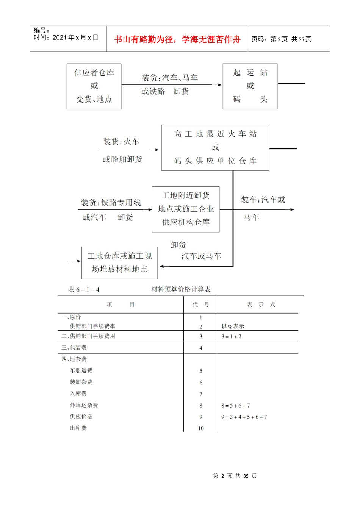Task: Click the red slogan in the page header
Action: click(x=177, y=39)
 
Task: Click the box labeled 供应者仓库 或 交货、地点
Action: click(x=94, y=86)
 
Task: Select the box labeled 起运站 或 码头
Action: click(x=250, y=86)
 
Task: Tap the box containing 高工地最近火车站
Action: click(x=215, y=148)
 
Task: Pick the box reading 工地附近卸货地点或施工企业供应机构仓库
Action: click(x=186, y=209)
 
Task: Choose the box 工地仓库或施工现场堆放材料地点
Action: click(x=119, y=262)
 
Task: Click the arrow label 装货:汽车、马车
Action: click(x=170, y=78)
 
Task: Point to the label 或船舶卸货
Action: click(x=122, y=159)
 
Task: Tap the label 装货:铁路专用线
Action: click(x=111, y=203)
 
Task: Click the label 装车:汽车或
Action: click(x=263, y=200)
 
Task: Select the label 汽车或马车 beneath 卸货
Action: click(x=201, y=256)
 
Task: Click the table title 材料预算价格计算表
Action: click(x=181, y=289)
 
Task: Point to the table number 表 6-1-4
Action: click(x=84, y=290)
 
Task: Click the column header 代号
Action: click(x=201, y=304)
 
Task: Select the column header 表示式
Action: click(x=261, y=304)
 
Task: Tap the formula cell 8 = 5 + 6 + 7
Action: click(x=236, y=406)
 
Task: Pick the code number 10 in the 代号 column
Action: click(x=201, y=428)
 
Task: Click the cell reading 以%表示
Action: click(x=233, y=326)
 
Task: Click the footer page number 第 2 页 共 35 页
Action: click(x=235, y=476)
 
